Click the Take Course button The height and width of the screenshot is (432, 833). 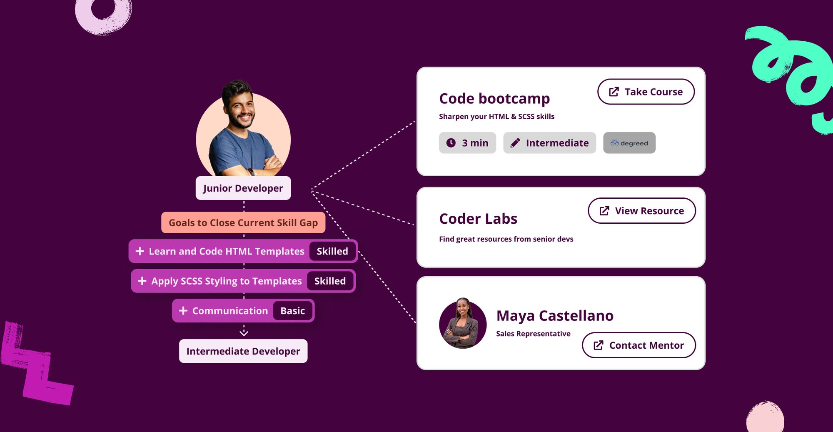(646, 92)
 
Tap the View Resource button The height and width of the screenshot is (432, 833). (642, 211)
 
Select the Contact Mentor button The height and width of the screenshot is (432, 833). (639, 345)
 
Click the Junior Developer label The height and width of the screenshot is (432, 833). (243, 188)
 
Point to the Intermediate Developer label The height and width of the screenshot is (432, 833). (243, 351)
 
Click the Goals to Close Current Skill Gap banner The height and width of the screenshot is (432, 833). (243, 222)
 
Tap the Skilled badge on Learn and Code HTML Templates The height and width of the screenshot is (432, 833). (332, 251)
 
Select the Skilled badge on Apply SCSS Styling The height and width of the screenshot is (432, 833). (330, 281)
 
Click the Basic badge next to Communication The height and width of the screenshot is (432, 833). (292, 311)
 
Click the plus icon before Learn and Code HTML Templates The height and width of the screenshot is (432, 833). (140, 251)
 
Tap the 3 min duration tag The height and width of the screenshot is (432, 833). (467, 143)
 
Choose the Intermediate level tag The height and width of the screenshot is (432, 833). (549, 143)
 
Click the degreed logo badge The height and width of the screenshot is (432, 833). (629, 143)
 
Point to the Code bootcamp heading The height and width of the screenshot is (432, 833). (494, 99)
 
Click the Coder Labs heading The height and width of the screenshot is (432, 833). (478, 219)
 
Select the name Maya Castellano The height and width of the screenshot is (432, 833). (555, 316)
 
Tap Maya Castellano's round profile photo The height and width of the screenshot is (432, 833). (463, 323)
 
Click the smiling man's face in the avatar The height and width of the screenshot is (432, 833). (240, 108)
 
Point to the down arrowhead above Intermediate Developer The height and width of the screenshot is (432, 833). (244, 332)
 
